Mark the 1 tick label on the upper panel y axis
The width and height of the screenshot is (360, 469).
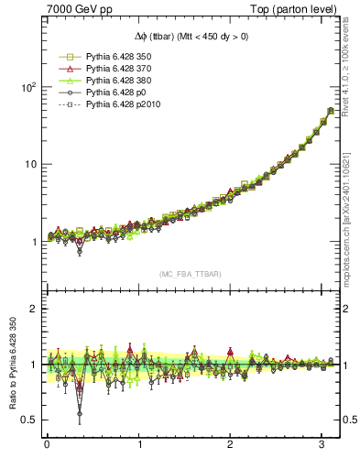click(32, 242)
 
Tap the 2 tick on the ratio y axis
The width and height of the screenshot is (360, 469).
click(32, 309)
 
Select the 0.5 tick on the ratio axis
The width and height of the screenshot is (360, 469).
click(27, 420)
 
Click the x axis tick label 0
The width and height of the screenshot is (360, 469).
click(47, 446)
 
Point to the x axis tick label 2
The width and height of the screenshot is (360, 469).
click(231, 446)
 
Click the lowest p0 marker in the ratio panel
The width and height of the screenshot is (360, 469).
click(80, 414)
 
